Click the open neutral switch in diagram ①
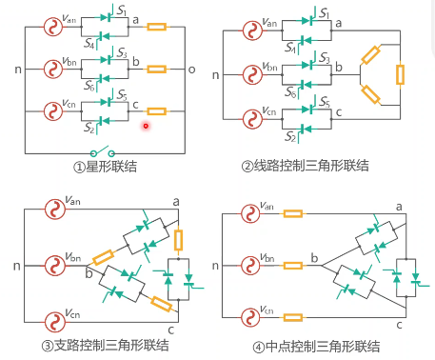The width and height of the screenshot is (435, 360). pyautogui.click(x=101, y=151)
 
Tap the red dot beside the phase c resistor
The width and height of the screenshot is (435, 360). pyautogui.click(x=146, y=124)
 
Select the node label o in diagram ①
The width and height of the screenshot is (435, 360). pyautogui.click(x=190, y=70)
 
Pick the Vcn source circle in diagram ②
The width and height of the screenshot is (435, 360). pyautogui.click(x=251, y=120)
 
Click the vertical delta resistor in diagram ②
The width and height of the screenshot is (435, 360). pyautogui.click(x=401, y=74)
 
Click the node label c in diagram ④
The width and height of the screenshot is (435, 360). pyautogui.click(x=399, y=325)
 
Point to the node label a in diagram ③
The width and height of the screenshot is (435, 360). pyautogui.click(x=175, y=201)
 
